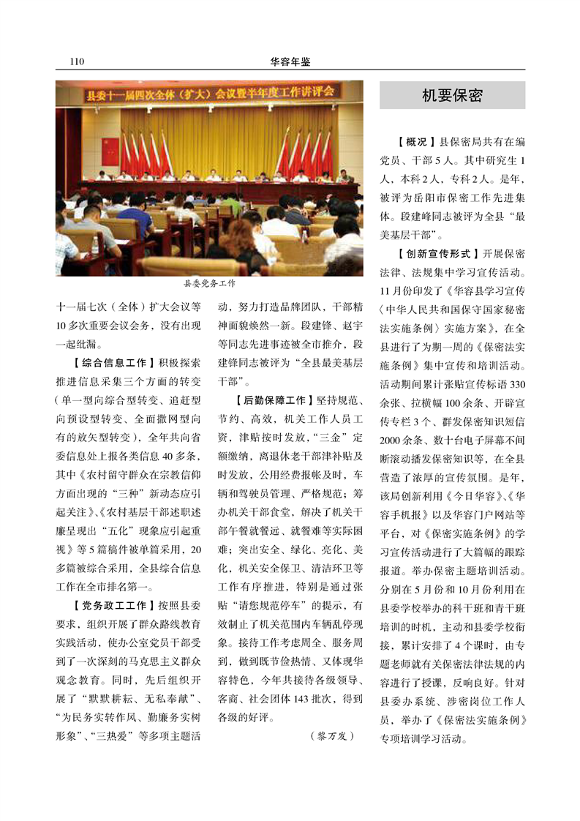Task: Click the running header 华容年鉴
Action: pos(289,62)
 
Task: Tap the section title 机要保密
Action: pos(452,96)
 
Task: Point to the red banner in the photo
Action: pos(209,93)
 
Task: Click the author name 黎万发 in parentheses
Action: pos(331,735)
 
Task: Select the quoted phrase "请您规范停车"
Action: pos(263,606)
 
